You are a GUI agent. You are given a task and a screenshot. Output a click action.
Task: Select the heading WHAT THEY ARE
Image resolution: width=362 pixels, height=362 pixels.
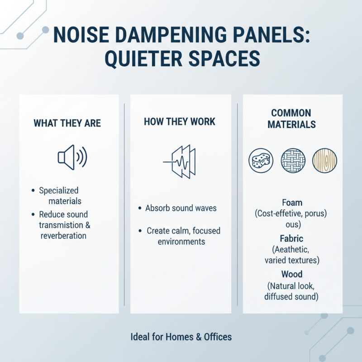pyautogui.click(x=67, y=123)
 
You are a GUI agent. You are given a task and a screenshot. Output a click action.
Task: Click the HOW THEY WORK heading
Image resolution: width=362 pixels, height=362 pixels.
pyautogui.click(x=180, y=122)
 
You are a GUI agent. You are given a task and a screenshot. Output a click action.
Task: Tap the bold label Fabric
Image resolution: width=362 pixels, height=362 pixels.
pyautogui.click(x=292, y=238)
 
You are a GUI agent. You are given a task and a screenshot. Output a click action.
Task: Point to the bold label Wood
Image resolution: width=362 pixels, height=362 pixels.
pyautogui.click(x=292, y=274)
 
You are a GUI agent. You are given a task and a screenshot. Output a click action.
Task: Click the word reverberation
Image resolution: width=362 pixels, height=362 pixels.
pyautogui.click(x=63, y=236)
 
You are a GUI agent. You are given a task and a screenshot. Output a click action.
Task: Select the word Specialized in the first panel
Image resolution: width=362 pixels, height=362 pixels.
pyautogui.click(x=59, y=191)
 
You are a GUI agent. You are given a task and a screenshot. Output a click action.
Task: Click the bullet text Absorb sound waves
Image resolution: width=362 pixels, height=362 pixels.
pyautogui.click(x=181, y=209)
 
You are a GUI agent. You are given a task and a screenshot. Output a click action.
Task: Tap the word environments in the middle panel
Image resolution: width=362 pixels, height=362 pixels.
pyautogui.click(x=181, y=242)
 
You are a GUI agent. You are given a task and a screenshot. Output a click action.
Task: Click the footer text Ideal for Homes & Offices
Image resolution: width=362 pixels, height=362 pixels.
pyautogui.click(x=181, y=337)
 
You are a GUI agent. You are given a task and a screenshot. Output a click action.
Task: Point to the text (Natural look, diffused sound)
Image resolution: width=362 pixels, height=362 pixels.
pyautogui.click(x=292, y=291)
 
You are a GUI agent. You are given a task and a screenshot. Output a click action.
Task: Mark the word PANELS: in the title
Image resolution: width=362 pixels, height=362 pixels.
pyautogui.click(x=270, y=36)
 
